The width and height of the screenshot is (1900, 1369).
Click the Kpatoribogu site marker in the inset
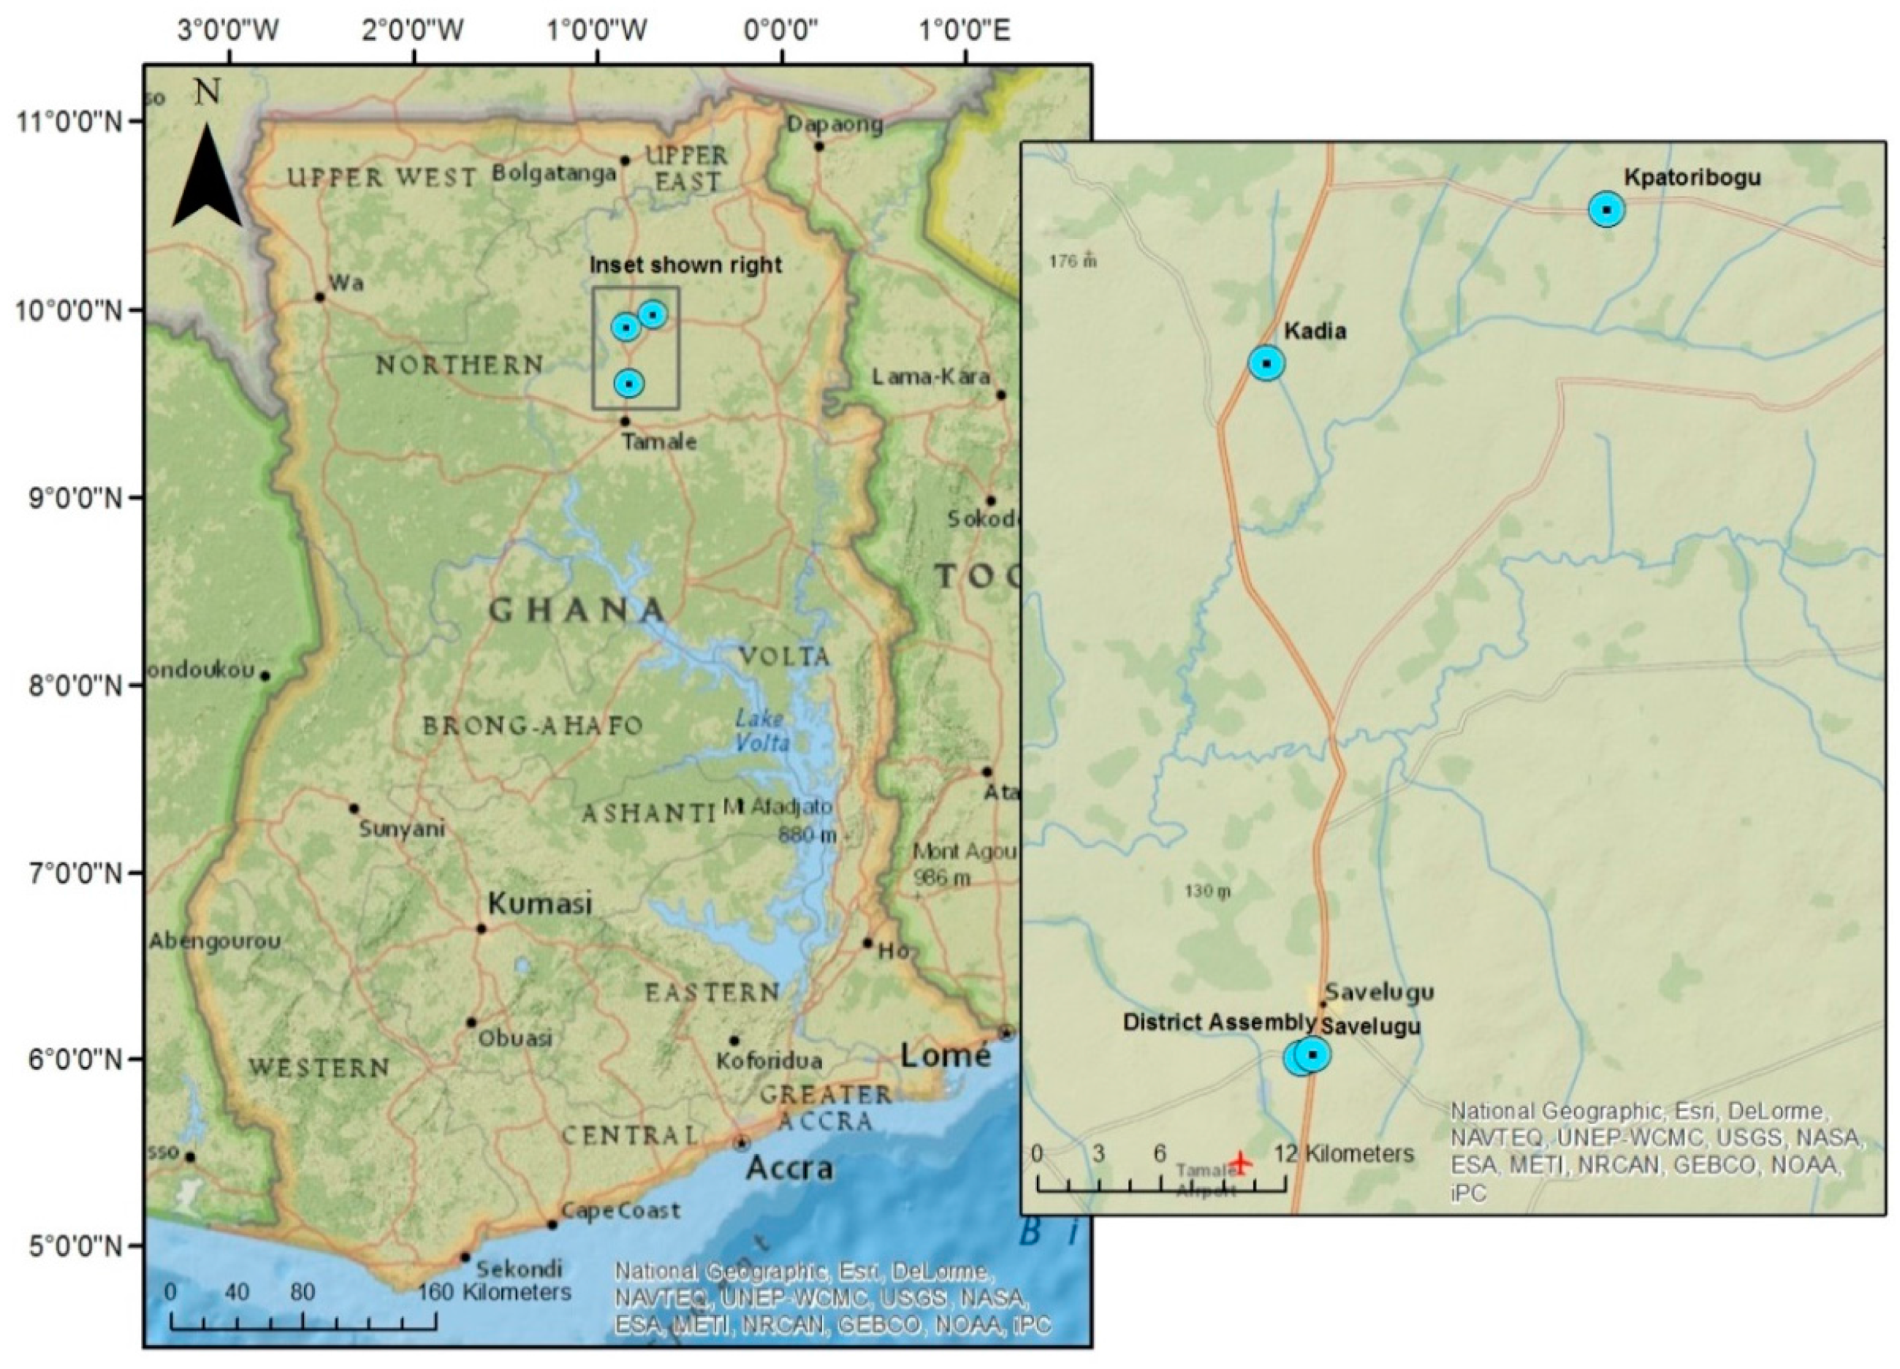pos(1606,210)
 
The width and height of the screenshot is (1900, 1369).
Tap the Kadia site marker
pos(1266,363)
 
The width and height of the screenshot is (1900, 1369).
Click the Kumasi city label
pos(539,903)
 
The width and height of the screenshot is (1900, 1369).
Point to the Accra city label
pos(789,1167)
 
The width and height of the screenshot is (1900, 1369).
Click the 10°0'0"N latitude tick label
pos(69,311)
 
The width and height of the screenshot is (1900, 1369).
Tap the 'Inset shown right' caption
pos(685,265)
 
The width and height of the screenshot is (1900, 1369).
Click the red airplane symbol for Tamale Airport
pos(1241,1163)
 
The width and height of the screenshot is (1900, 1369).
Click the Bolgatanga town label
pos(554,173)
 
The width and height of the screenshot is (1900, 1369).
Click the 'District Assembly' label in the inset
pos(1218,1022)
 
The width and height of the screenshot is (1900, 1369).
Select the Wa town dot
pos(319,297)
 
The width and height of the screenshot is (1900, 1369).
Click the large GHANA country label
pos(577,611)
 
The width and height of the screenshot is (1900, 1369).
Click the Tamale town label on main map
pos(658,441)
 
